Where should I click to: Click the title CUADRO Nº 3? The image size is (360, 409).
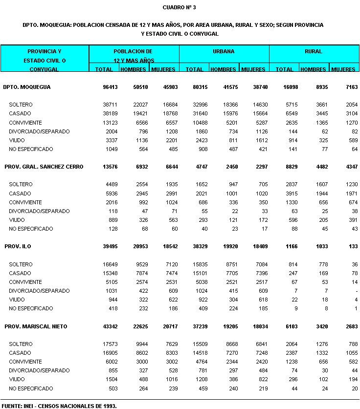pyautogui.click(x=180, y=7)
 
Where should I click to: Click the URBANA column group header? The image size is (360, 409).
pyautogui.click(x=224, y=51)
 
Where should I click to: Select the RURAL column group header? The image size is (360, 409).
pyautogui.click(x=314, y=51)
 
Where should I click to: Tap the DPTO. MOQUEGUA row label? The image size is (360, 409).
pyautogui.click(x=27, y=87)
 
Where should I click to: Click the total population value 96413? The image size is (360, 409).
pyautogui.click(x=104, y=87)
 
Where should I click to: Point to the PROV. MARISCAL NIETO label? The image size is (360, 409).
pyautogui.click(x=36, y=326)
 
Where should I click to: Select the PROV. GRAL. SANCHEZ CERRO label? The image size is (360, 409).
pyautogui.click(x=44, y=167)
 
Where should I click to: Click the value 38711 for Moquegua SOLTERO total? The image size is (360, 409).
pyautogui.click(x=105, y=105)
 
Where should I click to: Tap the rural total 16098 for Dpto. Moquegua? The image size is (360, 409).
pyautogui.click(x=285, y=87)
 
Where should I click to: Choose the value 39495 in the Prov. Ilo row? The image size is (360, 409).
pyautogui.click(x=104, y=246)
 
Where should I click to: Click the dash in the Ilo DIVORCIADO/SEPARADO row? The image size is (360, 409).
pyautogui.click(x=357, y=291)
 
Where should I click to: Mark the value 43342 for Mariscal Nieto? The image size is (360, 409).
pyautogui.click(x=104, y=326)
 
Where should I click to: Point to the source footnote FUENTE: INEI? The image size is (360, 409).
pyautogui.click(x=59, y=406)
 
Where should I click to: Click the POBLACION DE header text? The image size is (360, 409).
pyautogui.click(x=133, y=51)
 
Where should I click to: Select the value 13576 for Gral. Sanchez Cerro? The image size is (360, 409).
pyautogui.click(x=104, y=167)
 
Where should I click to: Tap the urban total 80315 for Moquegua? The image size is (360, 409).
pyautogui.click(x=195, y=87)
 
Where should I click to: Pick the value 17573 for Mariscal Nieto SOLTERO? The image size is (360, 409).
pyautogui.click(x=105, y=344)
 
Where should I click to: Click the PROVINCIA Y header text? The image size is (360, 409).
pyautogui.click(x=45, y=51)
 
